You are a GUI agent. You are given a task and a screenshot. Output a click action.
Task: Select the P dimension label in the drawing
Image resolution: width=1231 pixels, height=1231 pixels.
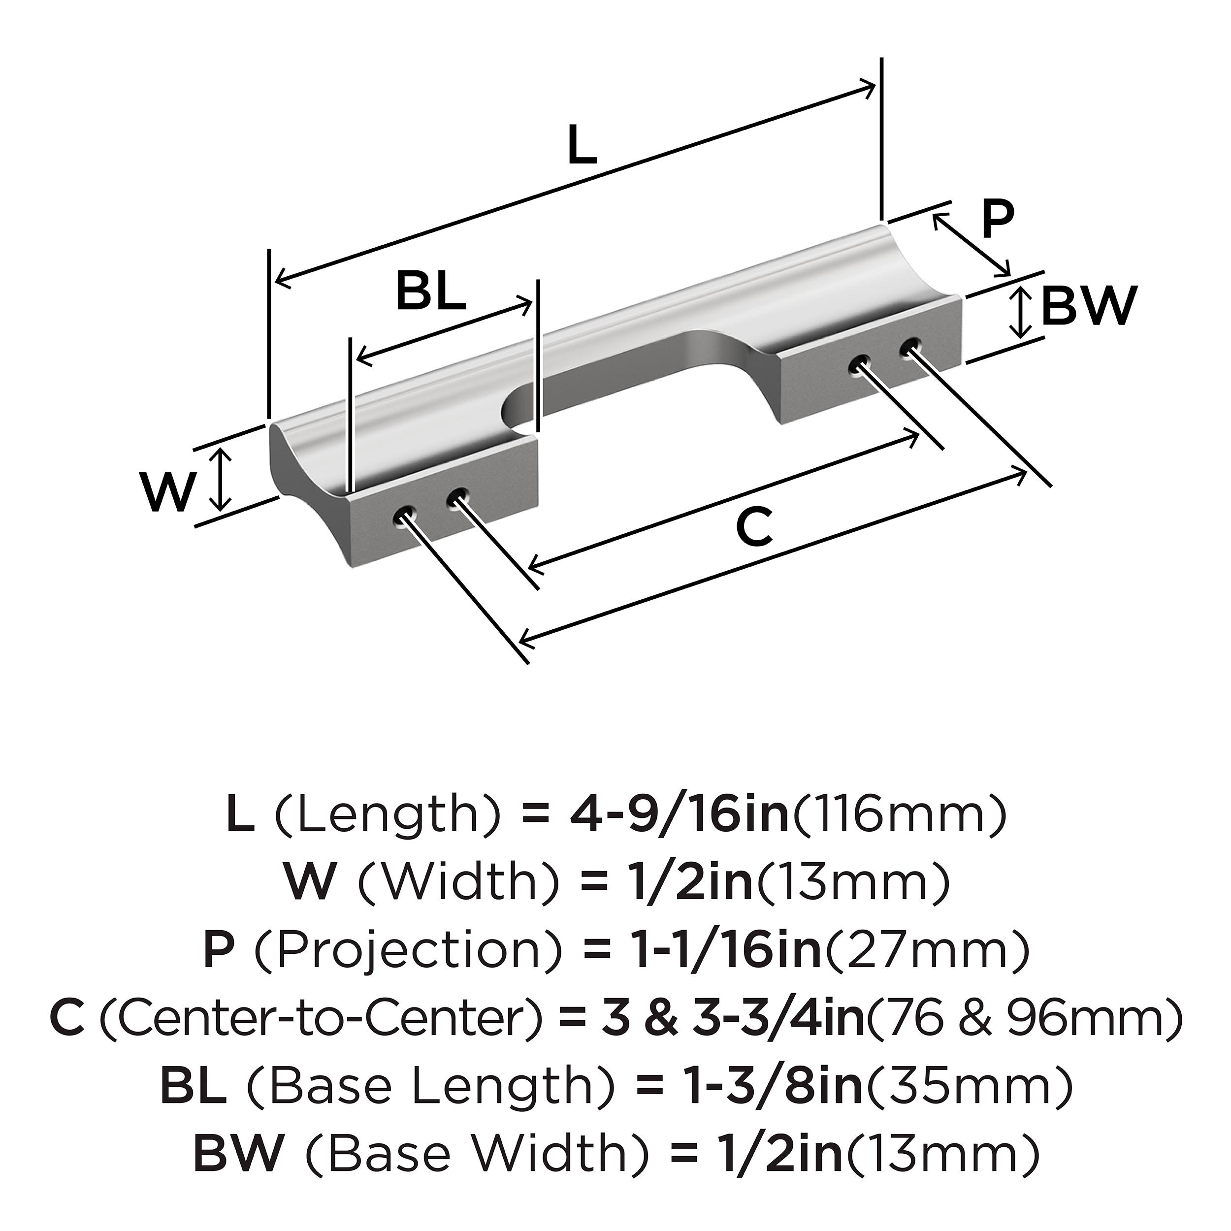pyautogui.click(x=997, y=219)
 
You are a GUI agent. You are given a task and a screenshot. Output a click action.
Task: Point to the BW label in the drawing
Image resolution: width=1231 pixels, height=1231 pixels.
pyautogui.click(x=1089, y=306)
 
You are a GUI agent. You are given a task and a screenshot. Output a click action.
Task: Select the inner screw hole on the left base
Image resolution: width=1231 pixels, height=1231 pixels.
pyautogui.click(x=457, y=499)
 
